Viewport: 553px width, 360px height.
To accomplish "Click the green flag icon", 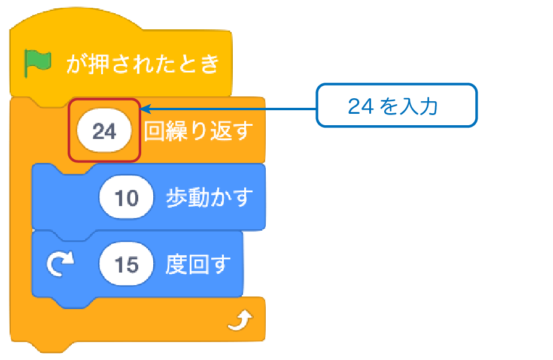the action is [37, 63].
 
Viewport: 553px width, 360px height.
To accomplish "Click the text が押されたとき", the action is [142, 64].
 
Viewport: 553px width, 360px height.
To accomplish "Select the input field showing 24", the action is [104, 131].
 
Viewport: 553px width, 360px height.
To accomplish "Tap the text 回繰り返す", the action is [198, 131].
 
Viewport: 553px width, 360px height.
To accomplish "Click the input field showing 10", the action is [126, 197].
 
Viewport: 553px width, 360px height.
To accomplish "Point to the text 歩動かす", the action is [209, 197].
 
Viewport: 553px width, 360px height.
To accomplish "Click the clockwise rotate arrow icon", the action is [60, 264].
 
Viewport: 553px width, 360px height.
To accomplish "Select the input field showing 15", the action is [126, 264].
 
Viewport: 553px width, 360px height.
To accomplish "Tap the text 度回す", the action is [198, 264].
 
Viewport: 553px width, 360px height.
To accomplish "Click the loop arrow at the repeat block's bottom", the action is [240, 320].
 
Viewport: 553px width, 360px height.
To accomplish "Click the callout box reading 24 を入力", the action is [396, 105].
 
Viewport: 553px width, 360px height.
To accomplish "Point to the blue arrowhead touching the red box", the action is [145, 108].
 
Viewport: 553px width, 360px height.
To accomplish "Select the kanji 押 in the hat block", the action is [99, 64].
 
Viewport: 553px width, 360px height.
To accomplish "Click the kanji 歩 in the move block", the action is [177, 197].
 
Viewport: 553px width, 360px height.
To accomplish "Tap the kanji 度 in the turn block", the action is [177, 264].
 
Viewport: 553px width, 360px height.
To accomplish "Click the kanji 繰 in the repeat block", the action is [177, 131].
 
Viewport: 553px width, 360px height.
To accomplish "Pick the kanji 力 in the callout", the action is [429, 106].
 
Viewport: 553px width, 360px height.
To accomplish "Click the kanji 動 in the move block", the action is [199, 197].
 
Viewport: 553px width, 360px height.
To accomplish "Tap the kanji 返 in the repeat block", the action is [221, 131].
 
